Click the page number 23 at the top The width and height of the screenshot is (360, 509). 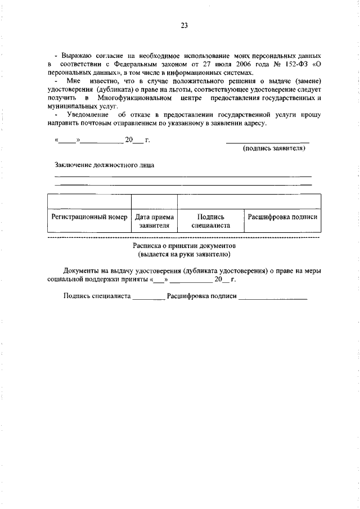pos(184,25)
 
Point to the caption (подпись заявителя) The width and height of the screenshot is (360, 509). pos(273,148)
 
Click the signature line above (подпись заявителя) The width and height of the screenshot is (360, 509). pos(267,141)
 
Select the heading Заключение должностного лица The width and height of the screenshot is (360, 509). pos(104,165)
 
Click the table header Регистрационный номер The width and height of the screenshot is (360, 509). pos(89,217)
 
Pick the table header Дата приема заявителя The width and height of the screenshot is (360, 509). pos(154,221)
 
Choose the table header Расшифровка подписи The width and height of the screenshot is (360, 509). pos(283,217)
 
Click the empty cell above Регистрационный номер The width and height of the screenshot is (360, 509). pos(89,202)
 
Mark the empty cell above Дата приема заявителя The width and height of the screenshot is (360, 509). pos(154,202)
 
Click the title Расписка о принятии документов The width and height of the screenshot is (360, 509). pos(184,246)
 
